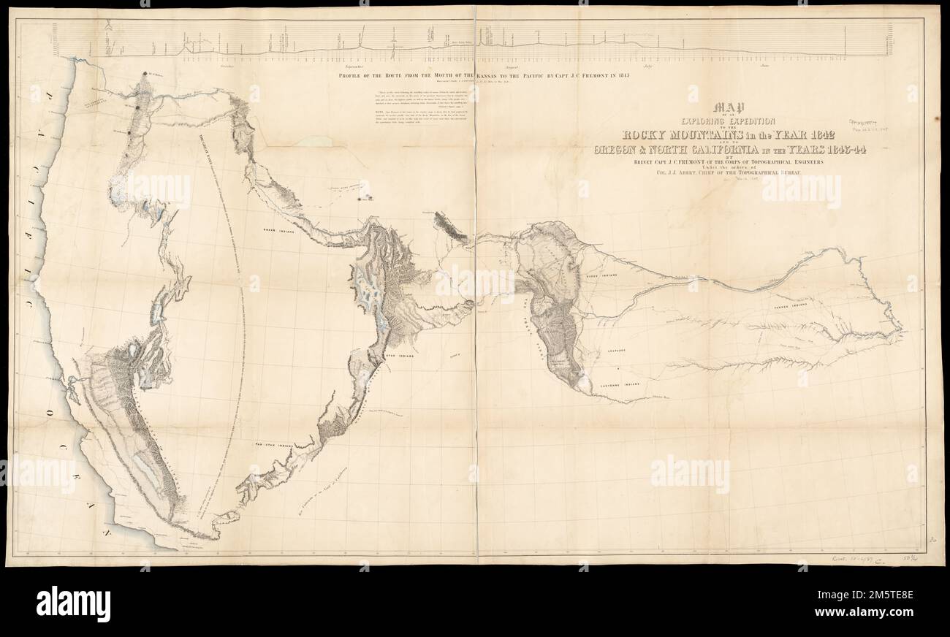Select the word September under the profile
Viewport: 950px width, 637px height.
pyautogui.click(x=348, y=66)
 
